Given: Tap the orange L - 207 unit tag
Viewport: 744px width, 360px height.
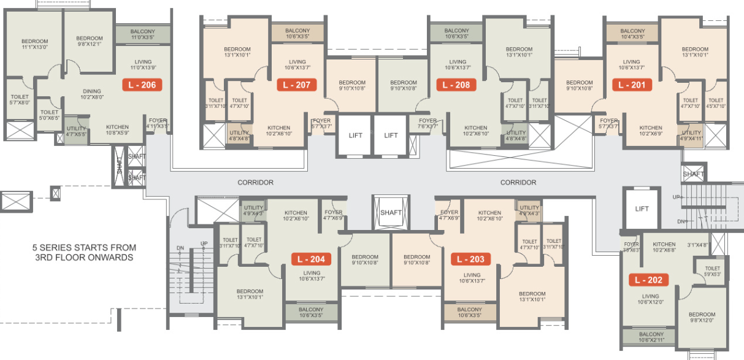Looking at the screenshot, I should pos(297,85).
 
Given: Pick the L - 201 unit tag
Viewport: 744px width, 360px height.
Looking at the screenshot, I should pos(632,85).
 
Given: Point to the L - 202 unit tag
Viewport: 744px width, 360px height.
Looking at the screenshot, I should pos(648,280).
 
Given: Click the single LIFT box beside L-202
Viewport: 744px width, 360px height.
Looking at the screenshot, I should pos(642,209).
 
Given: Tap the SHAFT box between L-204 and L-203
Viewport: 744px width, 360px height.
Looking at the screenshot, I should pos(391,212).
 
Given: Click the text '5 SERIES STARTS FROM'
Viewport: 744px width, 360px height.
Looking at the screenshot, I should pos(85,248).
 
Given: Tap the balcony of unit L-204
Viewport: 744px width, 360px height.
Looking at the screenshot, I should pos(312,312).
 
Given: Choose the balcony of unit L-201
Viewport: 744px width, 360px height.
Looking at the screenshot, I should pos(632,34).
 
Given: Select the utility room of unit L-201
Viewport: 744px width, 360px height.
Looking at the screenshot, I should pos(691,136).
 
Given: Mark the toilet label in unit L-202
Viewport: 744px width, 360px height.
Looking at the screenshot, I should pos(712,270).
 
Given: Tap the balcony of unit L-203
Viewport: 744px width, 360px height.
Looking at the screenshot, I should pos(470,312).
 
